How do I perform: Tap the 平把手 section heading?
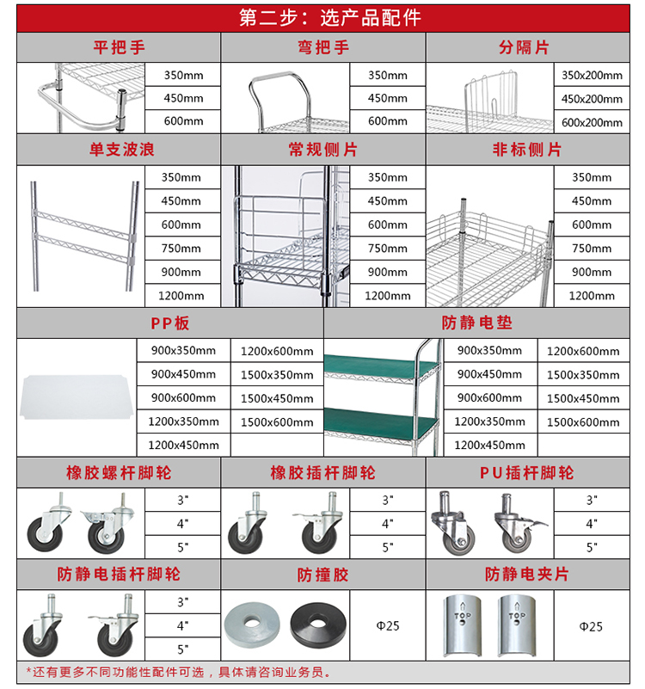tap(119, 47)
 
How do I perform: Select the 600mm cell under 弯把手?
tap(387, 121)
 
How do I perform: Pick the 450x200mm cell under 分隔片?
tap(592, 99)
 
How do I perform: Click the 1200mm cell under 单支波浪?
tap(182, 296)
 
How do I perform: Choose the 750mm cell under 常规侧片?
tap(387, 249)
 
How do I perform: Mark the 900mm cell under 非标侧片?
tap(592, 272)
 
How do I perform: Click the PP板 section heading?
tap(170, 324)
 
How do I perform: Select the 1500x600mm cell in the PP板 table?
tap(277, 422)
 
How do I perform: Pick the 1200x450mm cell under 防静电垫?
tap(489, 446)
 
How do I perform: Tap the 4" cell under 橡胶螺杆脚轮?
tap(182, 523)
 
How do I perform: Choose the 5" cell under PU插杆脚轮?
tap(592, 546)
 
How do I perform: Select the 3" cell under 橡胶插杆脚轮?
tap(387, 500)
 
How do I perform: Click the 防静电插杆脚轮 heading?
tap(119, 574)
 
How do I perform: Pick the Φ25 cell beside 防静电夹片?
tap(592, 626)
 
